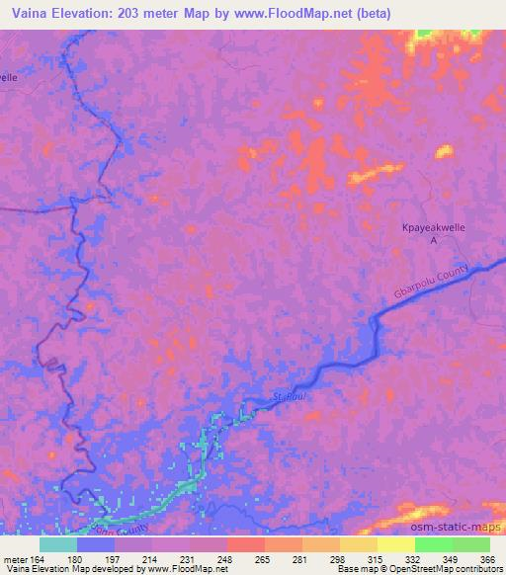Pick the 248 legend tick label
click(226, 559)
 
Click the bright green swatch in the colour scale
click(434, 544)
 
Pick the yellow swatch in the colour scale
click(396, 544)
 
